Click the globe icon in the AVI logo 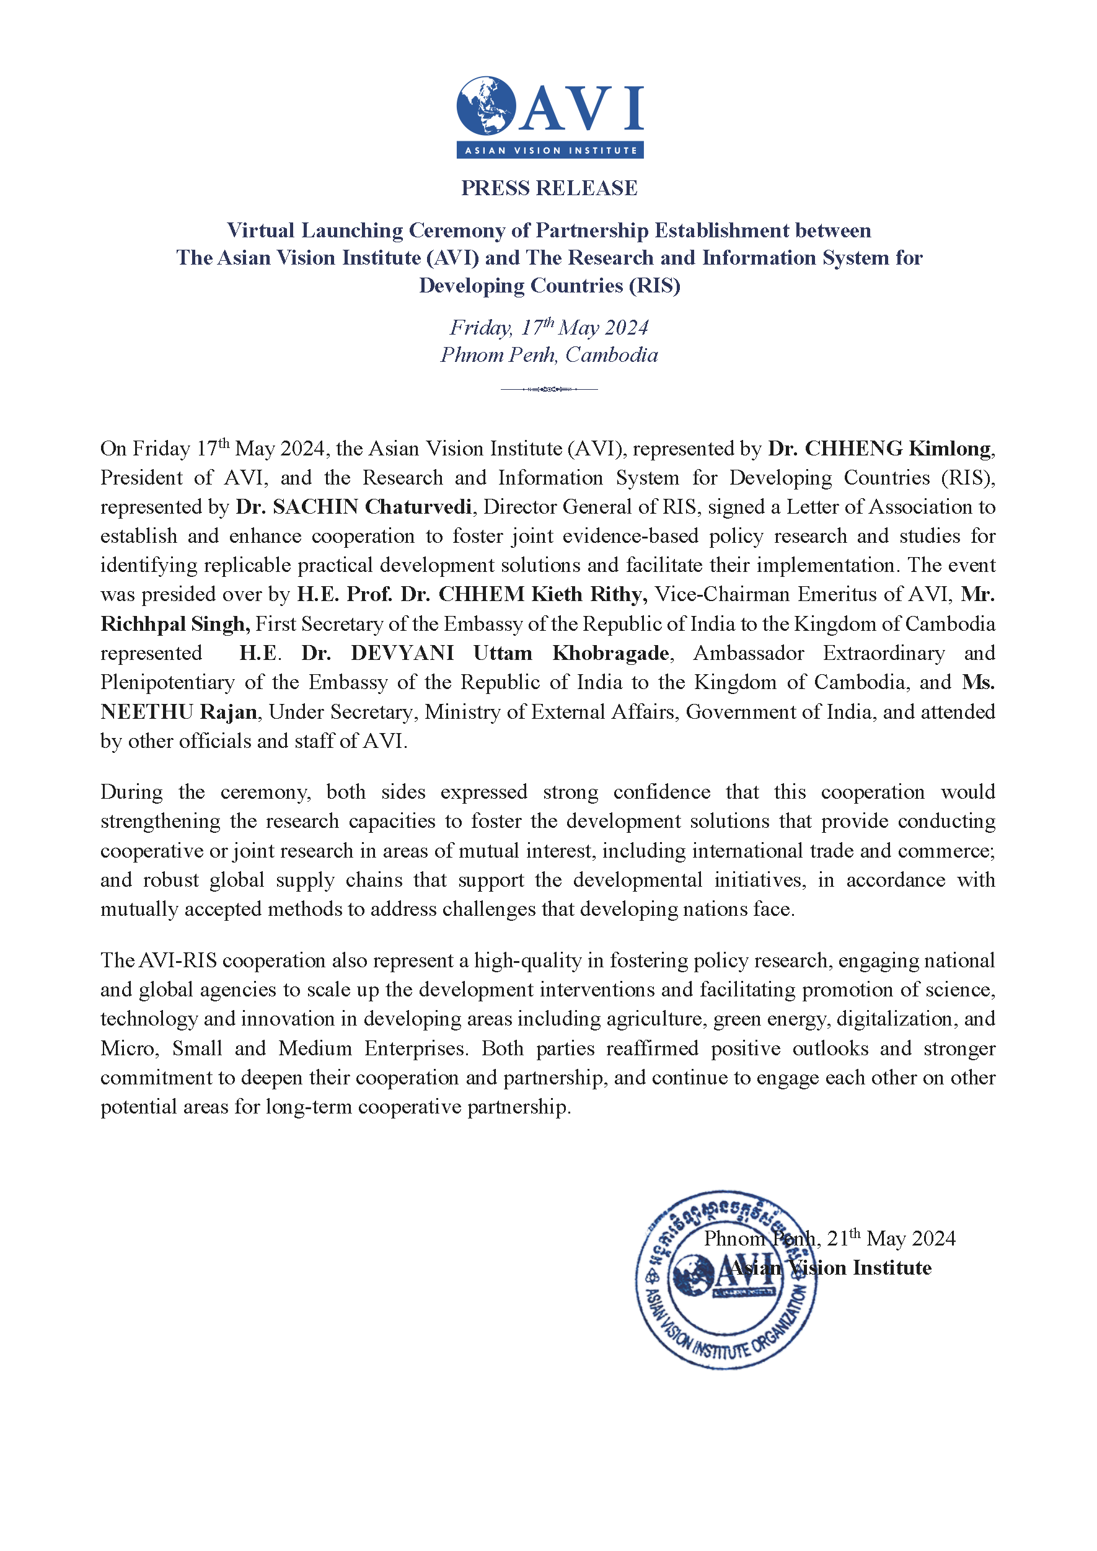tap(486, 105)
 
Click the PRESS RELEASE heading tap(548, 188)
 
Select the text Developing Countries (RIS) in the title tap(548, 286)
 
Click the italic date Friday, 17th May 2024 tap(548, 328)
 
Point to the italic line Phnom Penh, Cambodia tap(548, 355)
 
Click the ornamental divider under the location tap(548, 389)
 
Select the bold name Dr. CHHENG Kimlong tap(880, 449)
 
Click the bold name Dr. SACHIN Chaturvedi tap(353, 507)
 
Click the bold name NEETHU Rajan tap(178, 712)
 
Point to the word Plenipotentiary tap(167, 682)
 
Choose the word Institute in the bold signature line tap(892, 1268)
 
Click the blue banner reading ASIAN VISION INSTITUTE tap(550, 150)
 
